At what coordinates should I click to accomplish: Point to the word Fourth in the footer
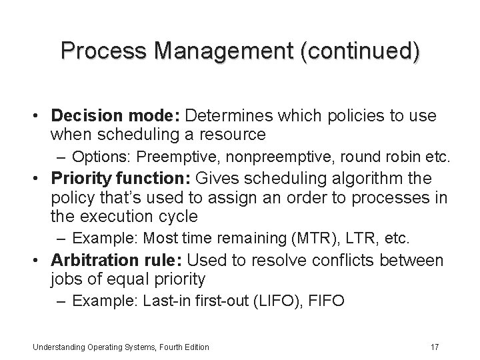pos(155,347)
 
